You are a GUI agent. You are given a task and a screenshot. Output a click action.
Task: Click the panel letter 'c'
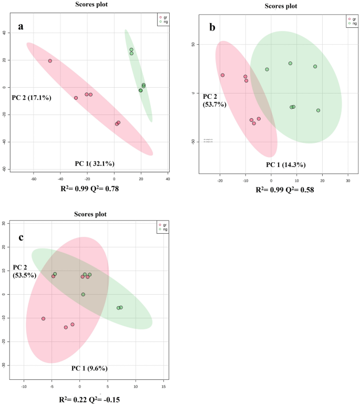(x=21, y=237)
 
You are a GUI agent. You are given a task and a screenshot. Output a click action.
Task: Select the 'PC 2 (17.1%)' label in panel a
(x=31, y=97)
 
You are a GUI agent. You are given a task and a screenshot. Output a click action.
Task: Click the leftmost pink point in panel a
(x=50, y=61)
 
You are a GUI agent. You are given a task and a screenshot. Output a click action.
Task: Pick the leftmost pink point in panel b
(x=222, y=75)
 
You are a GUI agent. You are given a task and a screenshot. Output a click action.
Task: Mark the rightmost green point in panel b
(x=318, y=110)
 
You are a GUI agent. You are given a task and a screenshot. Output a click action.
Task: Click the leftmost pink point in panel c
(x=43, y=318)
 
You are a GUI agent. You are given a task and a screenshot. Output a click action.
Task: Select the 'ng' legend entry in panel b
(x=352, y=23)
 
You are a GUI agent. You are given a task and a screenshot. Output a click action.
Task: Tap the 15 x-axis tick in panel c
(x=164, y=387)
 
